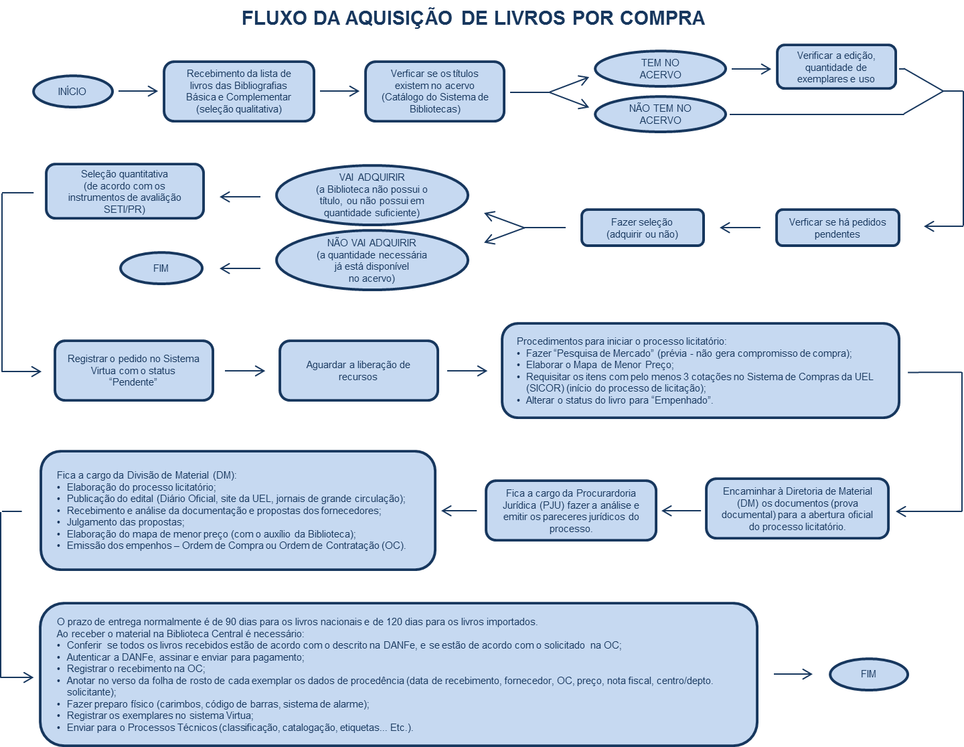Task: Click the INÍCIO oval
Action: [x=72, y=92]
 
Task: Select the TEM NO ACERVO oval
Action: [x=660, y=69]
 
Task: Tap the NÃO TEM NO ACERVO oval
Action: [x=660, y=114]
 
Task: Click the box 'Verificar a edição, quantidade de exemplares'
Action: [x=836, y=67]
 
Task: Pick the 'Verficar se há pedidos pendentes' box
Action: [x=837, y=228]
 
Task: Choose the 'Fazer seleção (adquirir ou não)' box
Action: [x=642, y=228]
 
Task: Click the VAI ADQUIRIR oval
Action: [x=372, y=195]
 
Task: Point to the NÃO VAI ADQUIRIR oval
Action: [x=372, y=260]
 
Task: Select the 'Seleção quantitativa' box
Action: [x=125, y=191]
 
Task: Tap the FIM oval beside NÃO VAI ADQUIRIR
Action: [x=161, y=268]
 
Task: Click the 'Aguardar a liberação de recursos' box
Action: [x=358, y=371]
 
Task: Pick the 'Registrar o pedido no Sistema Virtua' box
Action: [x=133, y=371]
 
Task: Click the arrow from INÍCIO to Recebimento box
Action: [x=138, y=92]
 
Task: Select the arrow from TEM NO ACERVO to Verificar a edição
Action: [x=751, y=69]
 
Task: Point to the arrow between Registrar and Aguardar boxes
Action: [x=245, y=371]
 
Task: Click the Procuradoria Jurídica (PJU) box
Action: [x=570, y=511]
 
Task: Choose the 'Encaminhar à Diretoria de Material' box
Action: [x=797, y=509]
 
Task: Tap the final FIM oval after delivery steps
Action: [x=868, y=674]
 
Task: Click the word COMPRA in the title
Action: [x=662, y=18]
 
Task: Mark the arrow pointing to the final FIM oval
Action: [x=793, y=674]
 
